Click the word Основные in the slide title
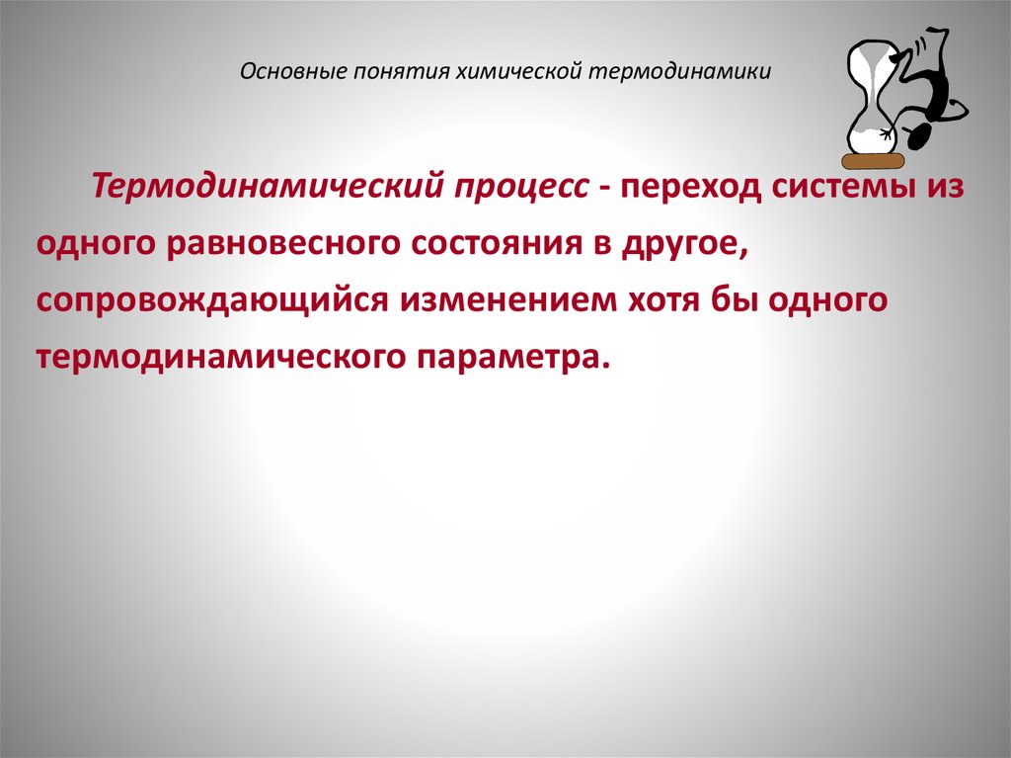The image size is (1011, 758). click(x=283, y=71)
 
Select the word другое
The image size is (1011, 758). click(x=683, y=243)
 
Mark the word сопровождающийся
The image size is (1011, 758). click(x=212, y=298)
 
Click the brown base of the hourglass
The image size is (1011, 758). click(x=873, y=160)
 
